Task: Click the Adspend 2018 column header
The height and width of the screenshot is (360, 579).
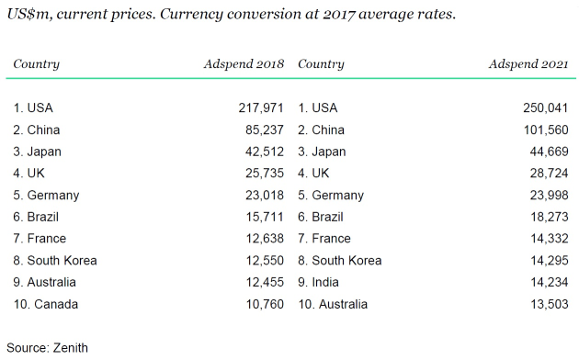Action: click(244, 64)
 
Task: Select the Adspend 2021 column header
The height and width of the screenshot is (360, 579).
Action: click(528, 64)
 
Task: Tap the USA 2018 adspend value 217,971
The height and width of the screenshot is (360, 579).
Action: click(261, 108)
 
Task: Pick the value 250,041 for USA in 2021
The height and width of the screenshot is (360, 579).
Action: click(545, 108)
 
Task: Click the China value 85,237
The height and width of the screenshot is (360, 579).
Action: click(265, 129)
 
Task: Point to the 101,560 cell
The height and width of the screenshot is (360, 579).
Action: click(546, 129)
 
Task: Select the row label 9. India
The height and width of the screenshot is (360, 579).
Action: click(318, 282)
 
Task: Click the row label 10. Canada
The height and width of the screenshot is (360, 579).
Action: click(46, 304)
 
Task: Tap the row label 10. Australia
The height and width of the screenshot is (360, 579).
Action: click(333, 304)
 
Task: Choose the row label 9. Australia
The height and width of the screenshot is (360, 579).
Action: click(45, 282)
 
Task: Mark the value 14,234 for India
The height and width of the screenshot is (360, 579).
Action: click(550, 282)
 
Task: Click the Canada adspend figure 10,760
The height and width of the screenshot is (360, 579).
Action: click(265, 304)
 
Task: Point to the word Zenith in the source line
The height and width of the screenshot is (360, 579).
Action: click(71, 348)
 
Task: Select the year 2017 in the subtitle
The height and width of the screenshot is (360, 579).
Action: click(338, 15)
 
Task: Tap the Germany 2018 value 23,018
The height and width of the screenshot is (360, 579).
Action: click(265, 195)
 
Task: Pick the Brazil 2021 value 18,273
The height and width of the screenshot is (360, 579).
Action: click(550, 217)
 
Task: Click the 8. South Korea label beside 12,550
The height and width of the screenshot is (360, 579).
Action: click(55, 261)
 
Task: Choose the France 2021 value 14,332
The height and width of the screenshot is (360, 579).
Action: click(550, 239)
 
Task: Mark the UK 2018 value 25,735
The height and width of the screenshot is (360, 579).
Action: click(265, 174)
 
